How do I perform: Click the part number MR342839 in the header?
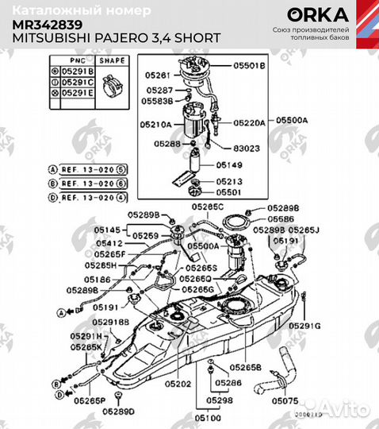(45, 24)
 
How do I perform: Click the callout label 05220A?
(249, 124)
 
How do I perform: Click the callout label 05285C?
(208, 206)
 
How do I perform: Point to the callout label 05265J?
(304, 230)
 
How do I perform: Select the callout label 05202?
(178, 384)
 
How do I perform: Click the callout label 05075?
(285, 402)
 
